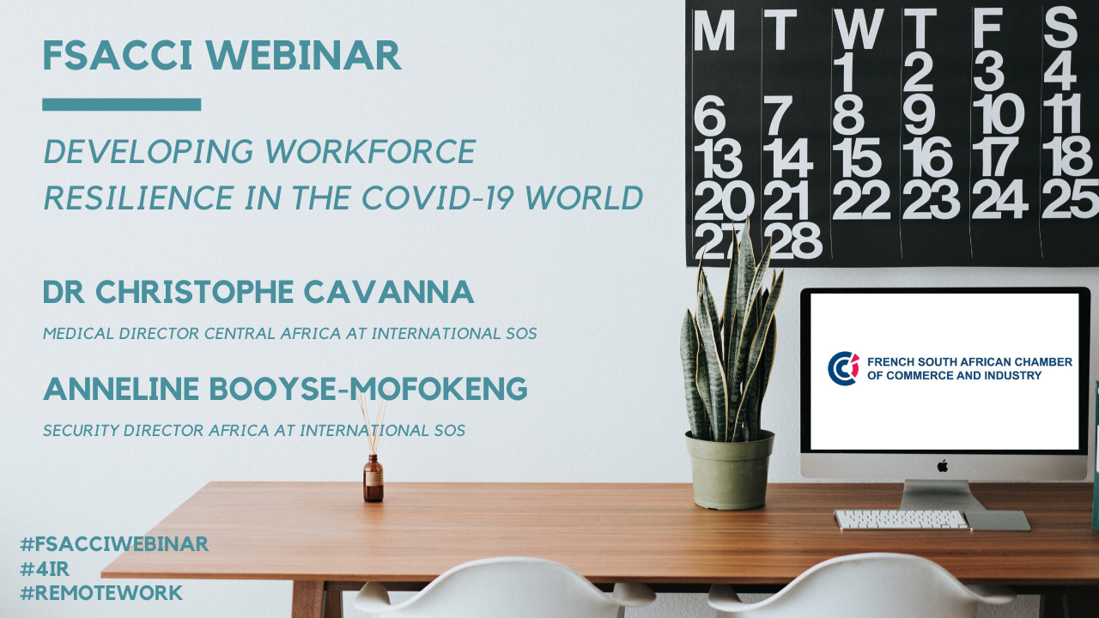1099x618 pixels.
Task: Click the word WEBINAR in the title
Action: [304, 56]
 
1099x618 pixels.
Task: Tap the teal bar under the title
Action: [122, 105]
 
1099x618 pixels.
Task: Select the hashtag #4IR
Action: [45, 568]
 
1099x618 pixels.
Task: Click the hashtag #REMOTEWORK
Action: [101, 593]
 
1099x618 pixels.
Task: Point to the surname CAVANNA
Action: [389, 292]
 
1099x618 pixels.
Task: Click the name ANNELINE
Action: [121, 389]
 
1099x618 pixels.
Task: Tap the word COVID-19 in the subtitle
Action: [438, 197]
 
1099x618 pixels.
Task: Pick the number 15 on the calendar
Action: [857, 157]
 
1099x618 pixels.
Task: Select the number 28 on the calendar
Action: [792, 240]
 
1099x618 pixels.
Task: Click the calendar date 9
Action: [920, 115]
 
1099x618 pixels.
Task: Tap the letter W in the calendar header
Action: [859, 29]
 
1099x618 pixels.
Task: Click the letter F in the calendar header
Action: [987, 29]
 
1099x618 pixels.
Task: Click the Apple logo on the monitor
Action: [943, 466]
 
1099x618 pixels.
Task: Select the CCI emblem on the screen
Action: [843, 368]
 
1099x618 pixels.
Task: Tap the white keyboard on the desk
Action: [902, 520]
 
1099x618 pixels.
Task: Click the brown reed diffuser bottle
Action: [373, 478]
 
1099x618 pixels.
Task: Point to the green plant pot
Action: [730, 470]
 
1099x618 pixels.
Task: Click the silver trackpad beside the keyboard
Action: [998, 520]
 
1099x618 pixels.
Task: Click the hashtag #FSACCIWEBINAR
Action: [114, 544]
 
